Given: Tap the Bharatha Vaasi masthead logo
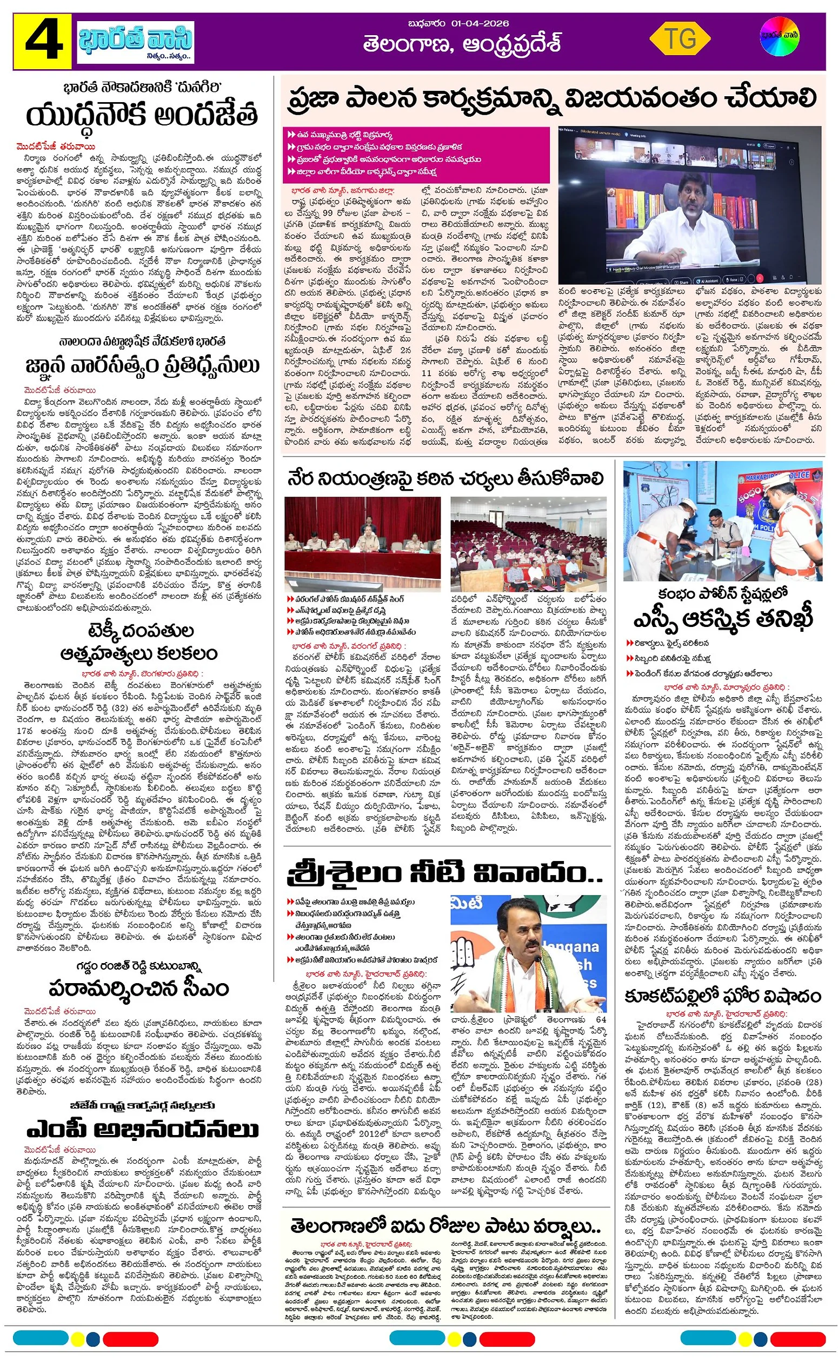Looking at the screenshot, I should click(135, 42).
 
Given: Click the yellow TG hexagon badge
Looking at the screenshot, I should click(680, 39).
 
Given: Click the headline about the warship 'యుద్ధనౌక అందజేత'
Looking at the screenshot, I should click(142, 115).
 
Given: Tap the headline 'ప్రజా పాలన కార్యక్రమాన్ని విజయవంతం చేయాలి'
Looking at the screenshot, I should click(552, 99).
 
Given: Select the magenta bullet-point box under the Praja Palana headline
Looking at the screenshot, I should click(416, 155).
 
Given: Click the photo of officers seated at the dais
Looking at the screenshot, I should click(362, 544).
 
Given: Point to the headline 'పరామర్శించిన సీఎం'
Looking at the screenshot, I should click(138, 988).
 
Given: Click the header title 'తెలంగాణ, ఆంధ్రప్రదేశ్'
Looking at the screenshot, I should click(462, 44).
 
